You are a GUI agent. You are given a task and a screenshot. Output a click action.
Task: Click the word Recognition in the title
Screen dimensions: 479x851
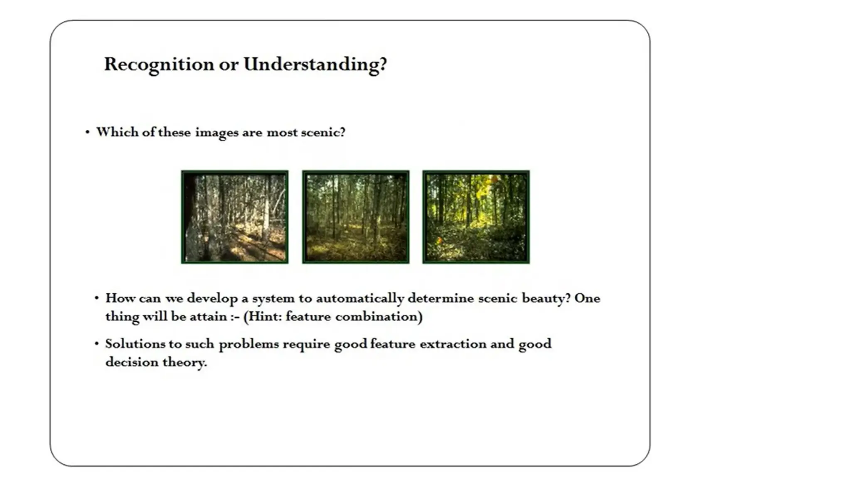159,64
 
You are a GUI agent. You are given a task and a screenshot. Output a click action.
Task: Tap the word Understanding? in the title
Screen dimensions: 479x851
315,64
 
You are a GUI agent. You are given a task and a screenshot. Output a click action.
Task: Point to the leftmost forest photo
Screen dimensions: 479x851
235,217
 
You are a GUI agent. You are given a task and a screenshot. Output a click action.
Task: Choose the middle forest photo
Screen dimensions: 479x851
356,217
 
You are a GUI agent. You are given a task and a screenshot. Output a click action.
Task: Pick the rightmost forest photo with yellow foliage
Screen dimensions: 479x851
476,217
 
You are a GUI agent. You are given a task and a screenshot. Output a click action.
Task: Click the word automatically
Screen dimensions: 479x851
360,299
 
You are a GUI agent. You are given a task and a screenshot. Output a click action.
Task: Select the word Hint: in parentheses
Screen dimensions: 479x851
263,317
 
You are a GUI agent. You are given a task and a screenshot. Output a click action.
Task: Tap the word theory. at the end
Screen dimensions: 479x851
184,363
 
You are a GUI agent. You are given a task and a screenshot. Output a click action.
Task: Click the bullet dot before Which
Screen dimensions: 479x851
87,132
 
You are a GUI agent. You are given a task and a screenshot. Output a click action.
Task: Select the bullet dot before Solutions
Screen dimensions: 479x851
96,344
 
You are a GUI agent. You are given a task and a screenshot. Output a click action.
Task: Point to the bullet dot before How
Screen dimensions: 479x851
96,298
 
